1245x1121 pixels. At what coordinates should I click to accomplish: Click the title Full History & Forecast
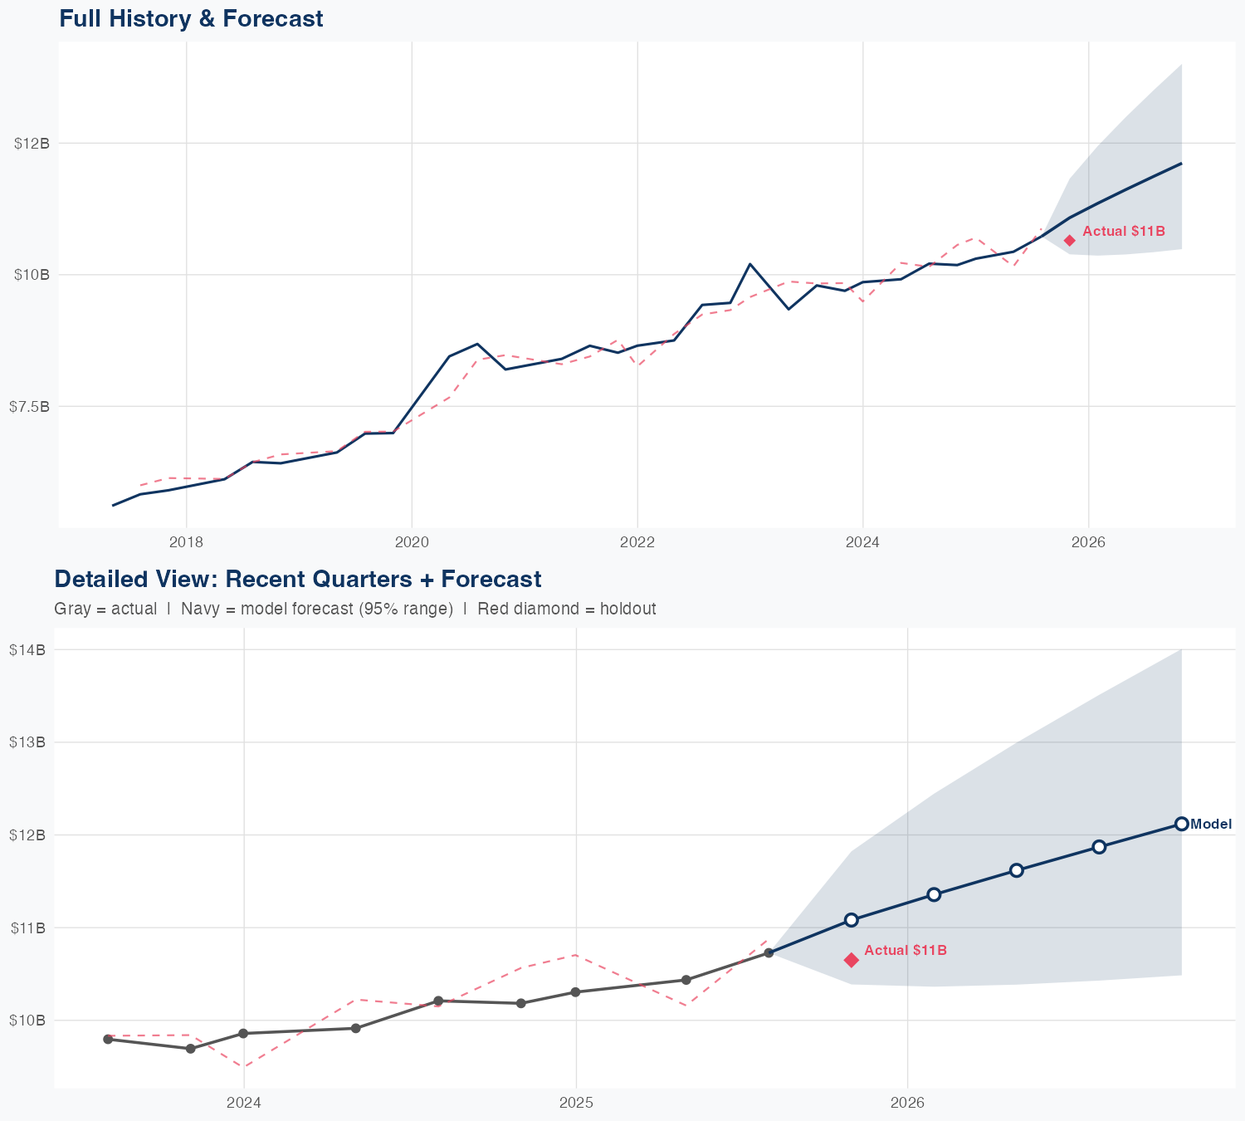tap(191, 18)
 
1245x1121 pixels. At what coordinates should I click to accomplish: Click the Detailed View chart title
tap(297, 579)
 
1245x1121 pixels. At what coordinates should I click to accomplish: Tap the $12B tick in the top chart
tap(32, 143)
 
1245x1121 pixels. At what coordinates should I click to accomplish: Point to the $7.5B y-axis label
tap(29, 406)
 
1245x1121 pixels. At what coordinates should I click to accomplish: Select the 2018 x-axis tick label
tap(186, 543)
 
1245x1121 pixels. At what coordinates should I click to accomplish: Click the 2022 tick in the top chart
tap(637, 543)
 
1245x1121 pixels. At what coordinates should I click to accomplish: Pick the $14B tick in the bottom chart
tap(27, 650)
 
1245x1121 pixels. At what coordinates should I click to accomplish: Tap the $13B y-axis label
tap(27, 742)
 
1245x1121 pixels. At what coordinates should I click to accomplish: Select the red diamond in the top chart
tap(1070, 241)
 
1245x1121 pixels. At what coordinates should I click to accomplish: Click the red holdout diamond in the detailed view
tap(851, 960)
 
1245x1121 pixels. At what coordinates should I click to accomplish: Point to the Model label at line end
tap(1211, 825)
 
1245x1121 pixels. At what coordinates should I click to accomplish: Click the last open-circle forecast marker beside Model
tap(1181, 824)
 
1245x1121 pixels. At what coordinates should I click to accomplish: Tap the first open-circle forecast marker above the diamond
tap(851, 920)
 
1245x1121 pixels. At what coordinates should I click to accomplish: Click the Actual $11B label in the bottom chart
tap(906, 951)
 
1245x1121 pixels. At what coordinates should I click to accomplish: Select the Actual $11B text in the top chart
tap(1124, 232)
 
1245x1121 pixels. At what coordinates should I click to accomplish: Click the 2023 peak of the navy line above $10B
tap(750, 264)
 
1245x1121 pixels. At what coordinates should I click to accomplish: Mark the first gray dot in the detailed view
tap(108, 1040)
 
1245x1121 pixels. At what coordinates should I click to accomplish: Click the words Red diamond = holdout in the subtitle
tap(567, 609)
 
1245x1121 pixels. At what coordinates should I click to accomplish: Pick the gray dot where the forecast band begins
tap(769, 952)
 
